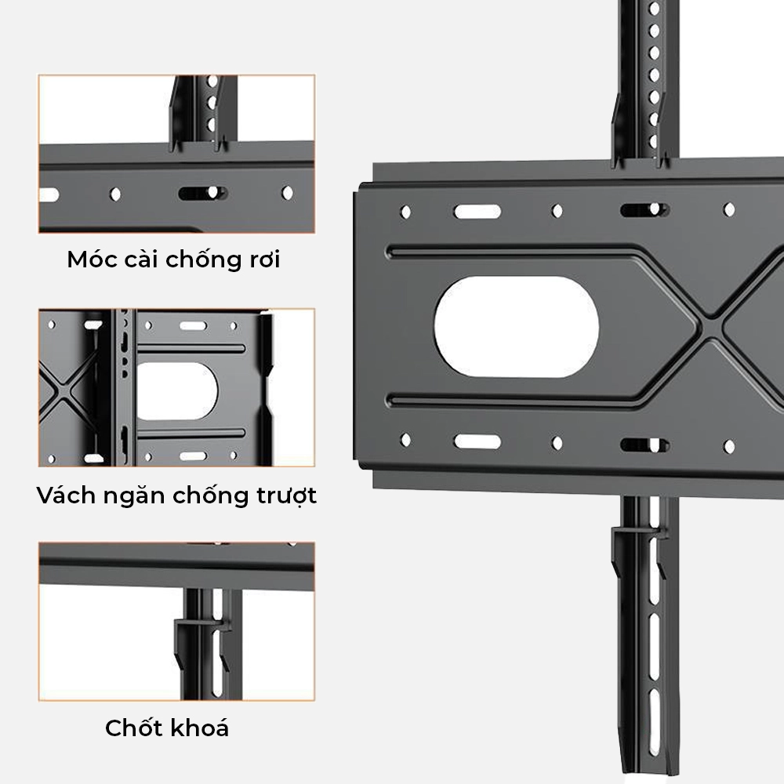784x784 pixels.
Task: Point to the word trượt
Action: pyautogui.click(x=283, y=497)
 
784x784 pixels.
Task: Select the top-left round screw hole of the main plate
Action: pyautogui.click(x=405, y=212)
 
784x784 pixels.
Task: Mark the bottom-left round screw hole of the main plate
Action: pyautogui.click(x=405, y=441)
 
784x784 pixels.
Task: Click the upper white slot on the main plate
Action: pyautogui.click(x=477, y=212)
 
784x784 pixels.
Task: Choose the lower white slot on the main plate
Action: pyautogui.click(x=477, y=441)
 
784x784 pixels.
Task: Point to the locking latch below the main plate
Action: pyautogui.click(x=639, y=533)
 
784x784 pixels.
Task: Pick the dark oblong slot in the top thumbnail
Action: pyautogui.click(x=202, y=193)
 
